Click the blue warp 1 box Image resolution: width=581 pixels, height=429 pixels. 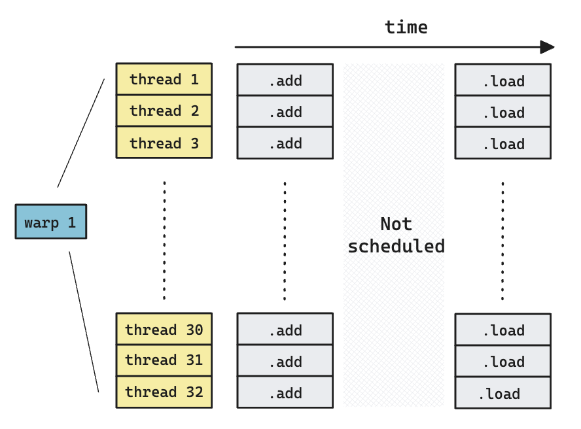(x=50, y=222)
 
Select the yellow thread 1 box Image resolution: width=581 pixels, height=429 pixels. (x=164, y=79)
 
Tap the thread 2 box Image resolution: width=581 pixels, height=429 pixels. (x=164, y=111)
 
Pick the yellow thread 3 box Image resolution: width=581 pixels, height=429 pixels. (x=164, y=143)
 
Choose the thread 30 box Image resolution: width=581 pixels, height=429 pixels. (x=164, y=329)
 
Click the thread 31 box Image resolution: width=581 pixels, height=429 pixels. (x=164, y=360)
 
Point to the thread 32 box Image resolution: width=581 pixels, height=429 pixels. (x=164, y=392)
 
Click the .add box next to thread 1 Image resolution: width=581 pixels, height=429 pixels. (x=285, y=80)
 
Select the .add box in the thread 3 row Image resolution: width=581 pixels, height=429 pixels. (x=285, y=143)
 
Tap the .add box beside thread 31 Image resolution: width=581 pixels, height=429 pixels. (x=285, y=361)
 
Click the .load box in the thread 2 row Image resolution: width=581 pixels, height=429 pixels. (x=502, y=112)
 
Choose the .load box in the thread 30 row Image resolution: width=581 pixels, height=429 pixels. (x=502, y=330)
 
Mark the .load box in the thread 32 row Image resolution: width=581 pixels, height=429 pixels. (x=502, y=393)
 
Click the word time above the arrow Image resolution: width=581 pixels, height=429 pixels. (x=406, y=27)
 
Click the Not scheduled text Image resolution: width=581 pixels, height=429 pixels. (x=396, y=235)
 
